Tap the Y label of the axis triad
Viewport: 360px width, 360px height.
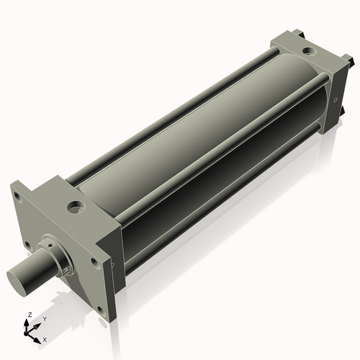coord(45,318)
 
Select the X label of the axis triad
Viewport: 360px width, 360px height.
coord(45,338)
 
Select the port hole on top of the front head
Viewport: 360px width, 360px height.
coord(75,208)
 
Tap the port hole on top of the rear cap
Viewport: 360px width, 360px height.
coord(307,51)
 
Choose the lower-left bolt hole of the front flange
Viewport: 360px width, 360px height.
coord(27,245)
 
